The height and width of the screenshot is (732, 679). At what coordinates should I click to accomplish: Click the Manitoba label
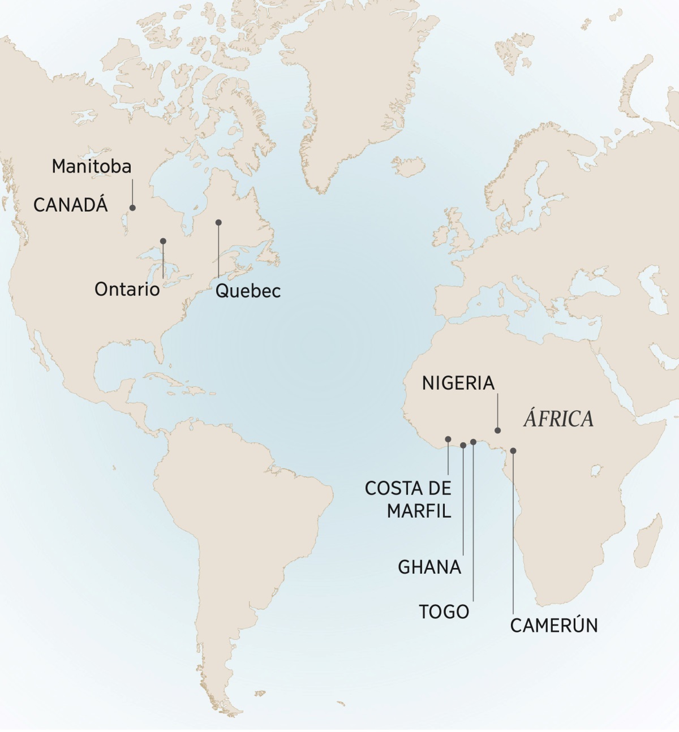91,166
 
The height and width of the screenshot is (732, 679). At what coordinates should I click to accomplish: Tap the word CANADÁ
70,205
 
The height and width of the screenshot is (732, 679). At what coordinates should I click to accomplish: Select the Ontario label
127,289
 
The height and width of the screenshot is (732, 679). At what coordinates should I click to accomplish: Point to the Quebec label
248,291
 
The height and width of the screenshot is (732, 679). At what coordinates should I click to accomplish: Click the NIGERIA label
458,383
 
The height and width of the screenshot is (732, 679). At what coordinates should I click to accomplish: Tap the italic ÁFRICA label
558,419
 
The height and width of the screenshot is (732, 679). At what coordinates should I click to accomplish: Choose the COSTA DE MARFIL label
408,500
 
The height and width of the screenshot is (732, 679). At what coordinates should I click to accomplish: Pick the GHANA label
429,567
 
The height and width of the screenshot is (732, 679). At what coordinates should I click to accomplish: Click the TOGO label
444,612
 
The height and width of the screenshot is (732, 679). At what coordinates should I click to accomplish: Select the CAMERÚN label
554,626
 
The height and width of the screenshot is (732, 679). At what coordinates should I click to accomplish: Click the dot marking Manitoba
133,208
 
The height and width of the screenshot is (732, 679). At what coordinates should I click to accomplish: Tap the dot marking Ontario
163,241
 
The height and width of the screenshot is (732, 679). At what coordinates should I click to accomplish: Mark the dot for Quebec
218,222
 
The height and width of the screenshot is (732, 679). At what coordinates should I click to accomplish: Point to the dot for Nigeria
498,430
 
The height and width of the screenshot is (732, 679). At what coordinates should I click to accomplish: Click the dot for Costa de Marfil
448,439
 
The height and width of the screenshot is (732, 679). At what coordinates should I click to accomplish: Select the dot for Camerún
513,451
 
